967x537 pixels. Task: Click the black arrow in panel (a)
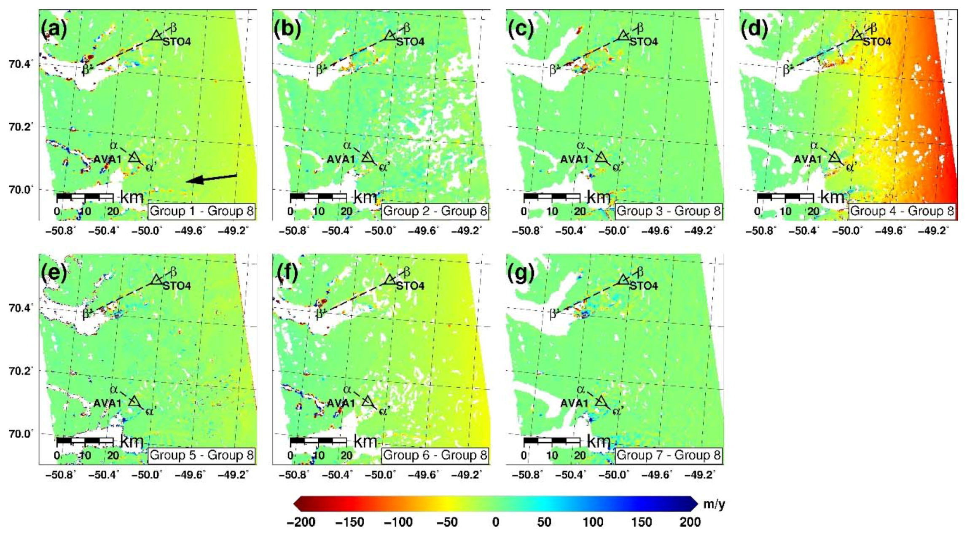(212, 179)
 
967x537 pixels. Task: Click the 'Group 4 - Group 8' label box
(902, 211)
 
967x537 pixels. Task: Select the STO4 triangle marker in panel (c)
(623, 36)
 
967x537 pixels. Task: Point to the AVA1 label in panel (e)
(107, 403)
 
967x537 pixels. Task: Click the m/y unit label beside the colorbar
(714, 505)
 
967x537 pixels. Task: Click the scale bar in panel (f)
(318, 441)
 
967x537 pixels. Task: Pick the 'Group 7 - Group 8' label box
(668, 455)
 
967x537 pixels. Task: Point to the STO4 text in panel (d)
(877, 42)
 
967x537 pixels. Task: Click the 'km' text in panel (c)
(599, 197)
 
